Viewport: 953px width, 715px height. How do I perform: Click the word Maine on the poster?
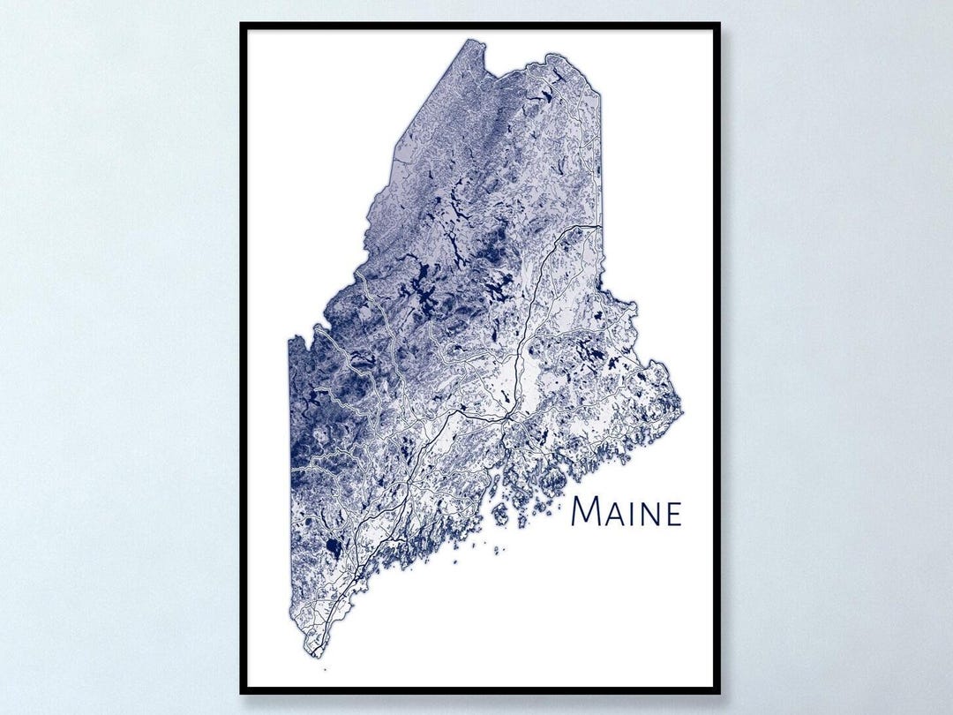pyautogui.click(x=627, y=512)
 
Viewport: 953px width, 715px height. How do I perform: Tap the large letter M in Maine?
pyautogui.click(x=587, y=512)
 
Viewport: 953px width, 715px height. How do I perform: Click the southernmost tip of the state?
pyautogui.click(x=315, y=658)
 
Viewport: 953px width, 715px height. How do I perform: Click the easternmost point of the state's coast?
pyautogui.click(x=681, y=408)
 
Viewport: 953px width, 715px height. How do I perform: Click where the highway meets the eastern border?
pyautogui.click(x=601, y=227)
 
